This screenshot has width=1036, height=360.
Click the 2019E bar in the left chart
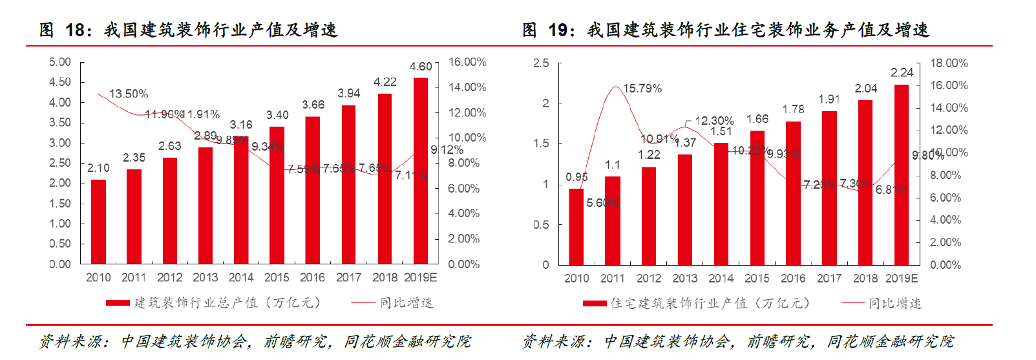click(x=421, y=171)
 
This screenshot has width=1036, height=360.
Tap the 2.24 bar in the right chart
click(x=902, y=175)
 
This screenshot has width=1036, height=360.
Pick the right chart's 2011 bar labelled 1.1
click(x=613, y=220)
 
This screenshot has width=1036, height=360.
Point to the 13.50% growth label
click(x=129, y=94)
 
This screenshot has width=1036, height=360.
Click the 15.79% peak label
click(x=642, y=89)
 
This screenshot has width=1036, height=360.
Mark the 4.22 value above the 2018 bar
click(x=385, y=82)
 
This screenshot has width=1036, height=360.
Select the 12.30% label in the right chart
click(x=714, y=121)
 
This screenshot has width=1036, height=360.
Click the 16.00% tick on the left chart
click(x=467, y=62)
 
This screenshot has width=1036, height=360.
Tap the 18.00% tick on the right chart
click(x=949, y=63)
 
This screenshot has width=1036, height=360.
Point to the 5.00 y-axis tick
click(x=60, y=62)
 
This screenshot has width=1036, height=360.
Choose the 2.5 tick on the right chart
click(x=541, y=63)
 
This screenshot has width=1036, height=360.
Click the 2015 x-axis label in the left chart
click(x=277, y=277)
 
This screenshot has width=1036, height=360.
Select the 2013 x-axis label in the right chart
click(x=685, y=279)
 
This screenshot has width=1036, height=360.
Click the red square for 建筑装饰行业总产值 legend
click(x=118, y=303)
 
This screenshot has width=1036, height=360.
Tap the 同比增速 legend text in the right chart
click(x=895, y=303)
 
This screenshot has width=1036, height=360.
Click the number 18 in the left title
click(x=75, y=30)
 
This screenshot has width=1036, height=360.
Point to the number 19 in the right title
click(x=558, y=30)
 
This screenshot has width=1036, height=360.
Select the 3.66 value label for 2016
click(x=313, y=105)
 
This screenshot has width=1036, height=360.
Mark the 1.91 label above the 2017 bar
click(x=829, y=100)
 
